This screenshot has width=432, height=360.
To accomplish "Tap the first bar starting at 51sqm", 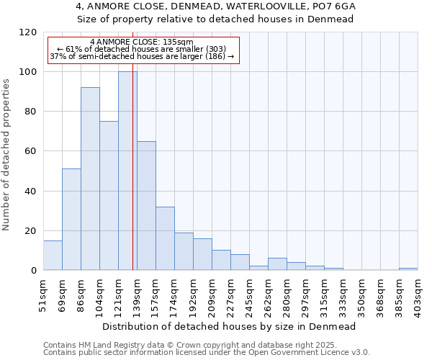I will [53, 256].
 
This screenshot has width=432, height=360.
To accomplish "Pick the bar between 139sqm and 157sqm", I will [146, 205].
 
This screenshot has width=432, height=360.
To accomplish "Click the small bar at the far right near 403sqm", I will [408, 269].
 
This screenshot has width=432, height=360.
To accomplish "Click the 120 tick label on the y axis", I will [28, 32].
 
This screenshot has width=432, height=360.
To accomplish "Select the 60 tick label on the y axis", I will [31, 151].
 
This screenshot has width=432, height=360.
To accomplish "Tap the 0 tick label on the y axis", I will [34, 271].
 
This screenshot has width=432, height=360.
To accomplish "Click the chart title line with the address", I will [216, 6].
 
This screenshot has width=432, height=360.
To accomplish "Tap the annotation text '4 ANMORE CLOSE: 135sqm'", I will [142, 42].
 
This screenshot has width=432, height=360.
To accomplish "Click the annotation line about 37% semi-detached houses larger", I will [142, 56].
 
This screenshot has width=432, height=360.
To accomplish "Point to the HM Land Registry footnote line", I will [195, 345].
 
